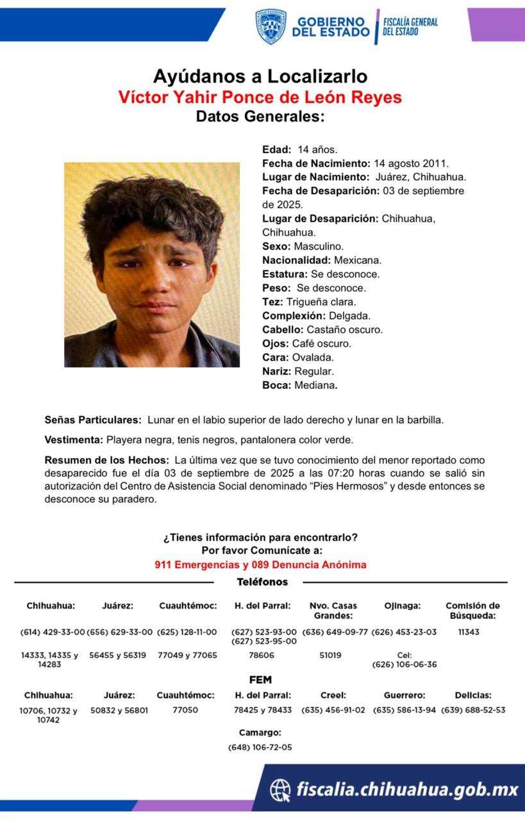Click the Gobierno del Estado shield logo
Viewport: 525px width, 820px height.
point(271,26)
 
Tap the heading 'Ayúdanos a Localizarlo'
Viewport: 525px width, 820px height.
point(260,77)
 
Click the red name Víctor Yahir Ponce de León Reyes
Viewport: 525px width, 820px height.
point(260,97)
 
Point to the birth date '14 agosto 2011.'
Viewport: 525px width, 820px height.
point(411,163)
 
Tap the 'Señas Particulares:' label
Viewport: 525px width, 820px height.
point(93,420)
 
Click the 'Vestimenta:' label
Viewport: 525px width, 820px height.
point(74,440)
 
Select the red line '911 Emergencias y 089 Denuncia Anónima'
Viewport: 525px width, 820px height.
point(260,565)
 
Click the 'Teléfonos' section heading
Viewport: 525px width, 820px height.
point(262,582)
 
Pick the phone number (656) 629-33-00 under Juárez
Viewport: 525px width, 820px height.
point(120,632)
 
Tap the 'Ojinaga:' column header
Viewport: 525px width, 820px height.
point(402,605)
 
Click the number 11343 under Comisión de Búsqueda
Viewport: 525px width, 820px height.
point(469,632)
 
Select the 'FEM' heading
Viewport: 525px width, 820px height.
point(260,680)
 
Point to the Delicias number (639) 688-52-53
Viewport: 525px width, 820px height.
point(473,710)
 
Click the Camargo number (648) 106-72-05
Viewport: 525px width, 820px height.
point(260,747)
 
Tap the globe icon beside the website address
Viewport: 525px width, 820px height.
point(279,790)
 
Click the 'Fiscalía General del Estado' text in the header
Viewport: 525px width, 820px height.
point(410,26)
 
